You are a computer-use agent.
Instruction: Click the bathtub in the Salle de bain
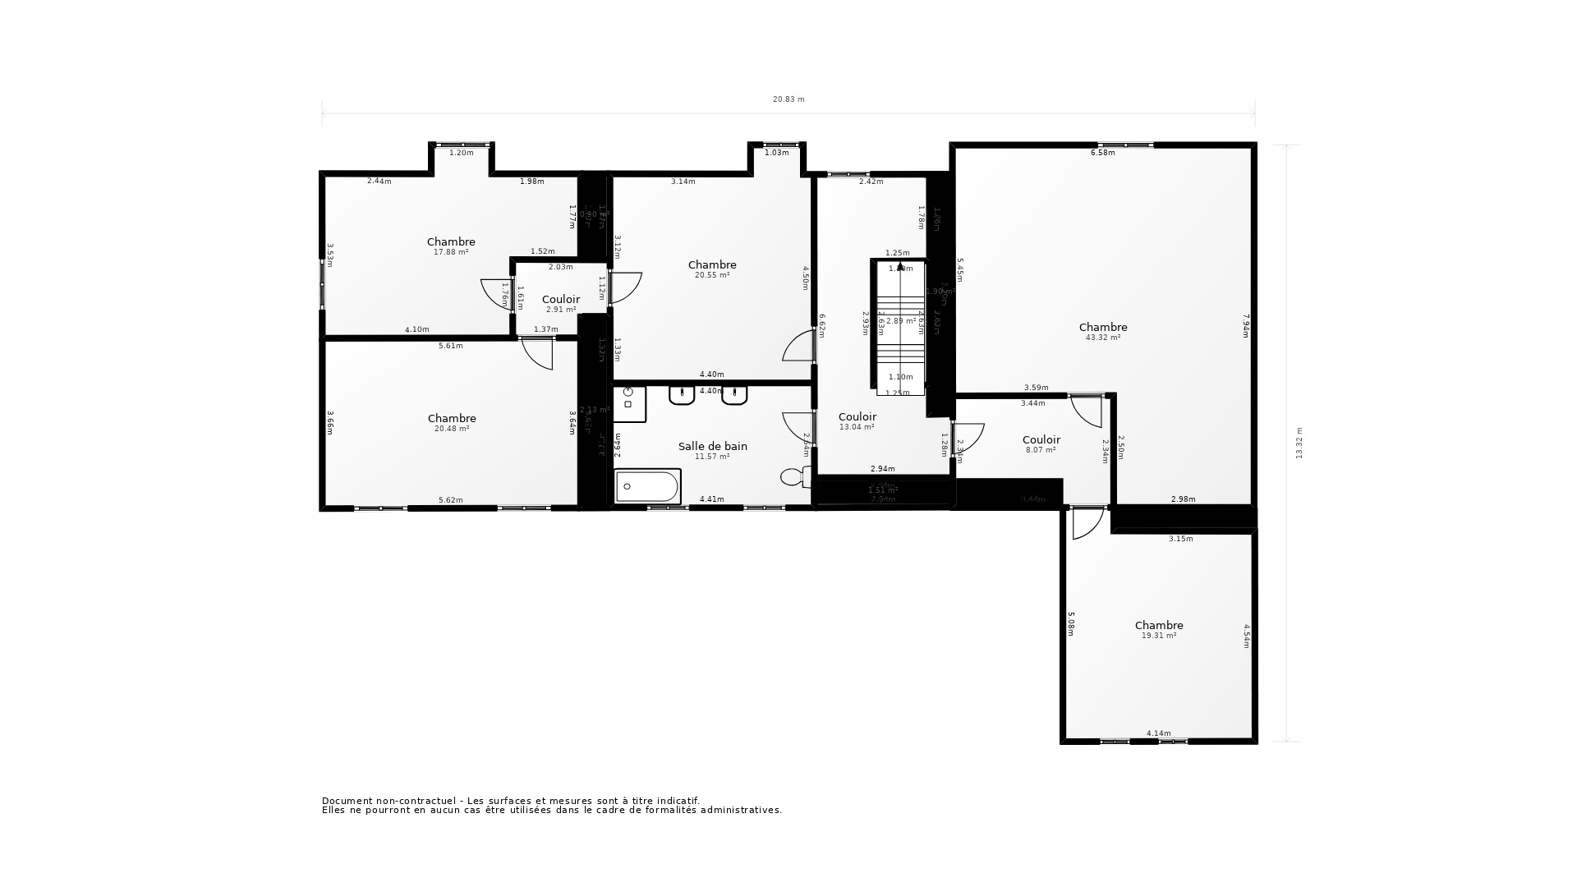(x=647, y=486)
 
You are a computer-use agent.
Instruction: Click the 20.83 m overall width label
(x=788, y=99)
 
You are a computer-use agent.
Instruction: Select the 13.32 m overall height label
(x=1299, y=443)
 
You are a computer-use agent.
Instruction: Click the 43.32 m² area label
(x=1102, y=338)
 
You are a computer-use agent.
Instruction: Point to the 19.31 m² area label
(x=1158, y=636)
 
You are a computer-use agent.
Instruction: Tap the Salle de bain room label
(x=712, y=446)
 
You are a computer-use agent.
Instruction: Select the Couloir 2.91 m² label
(x=561, y=304)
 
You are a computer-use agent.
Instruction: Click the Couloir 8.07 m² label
(x=1041, y=444)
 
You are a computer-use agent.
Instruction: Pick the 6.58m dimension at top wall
(x=1102, y=153)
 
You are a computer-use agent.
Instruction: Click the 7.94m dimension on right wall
(x=1245, y=326)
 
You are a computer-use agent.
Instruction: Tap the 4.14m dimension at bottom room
(x=1158, y=733)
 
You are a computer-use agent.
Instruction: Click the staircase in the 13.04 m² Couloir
(x=900, y=329)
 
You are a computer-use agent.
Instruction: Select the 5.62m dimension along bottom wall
(x=450, y=500)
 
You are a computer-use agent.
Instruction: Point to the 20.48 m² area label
(x=452, y=429)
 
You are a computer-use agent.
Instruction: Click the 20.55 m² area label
(x=712, y=275)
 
